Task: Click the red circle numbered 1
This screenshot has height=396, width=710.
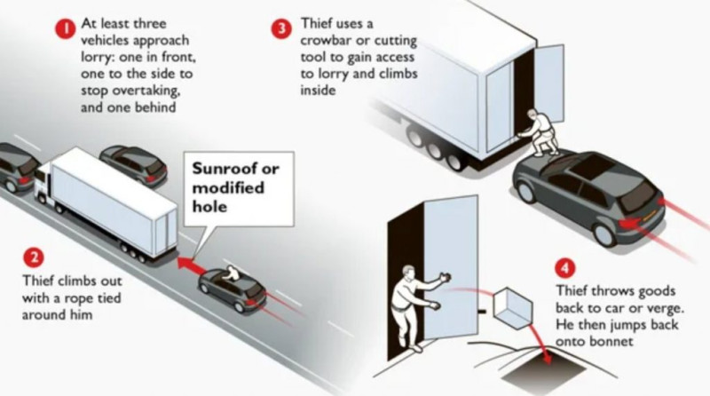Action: [63, 28]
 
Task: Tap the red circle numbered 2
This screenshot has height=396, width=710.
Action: [32, 258]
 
